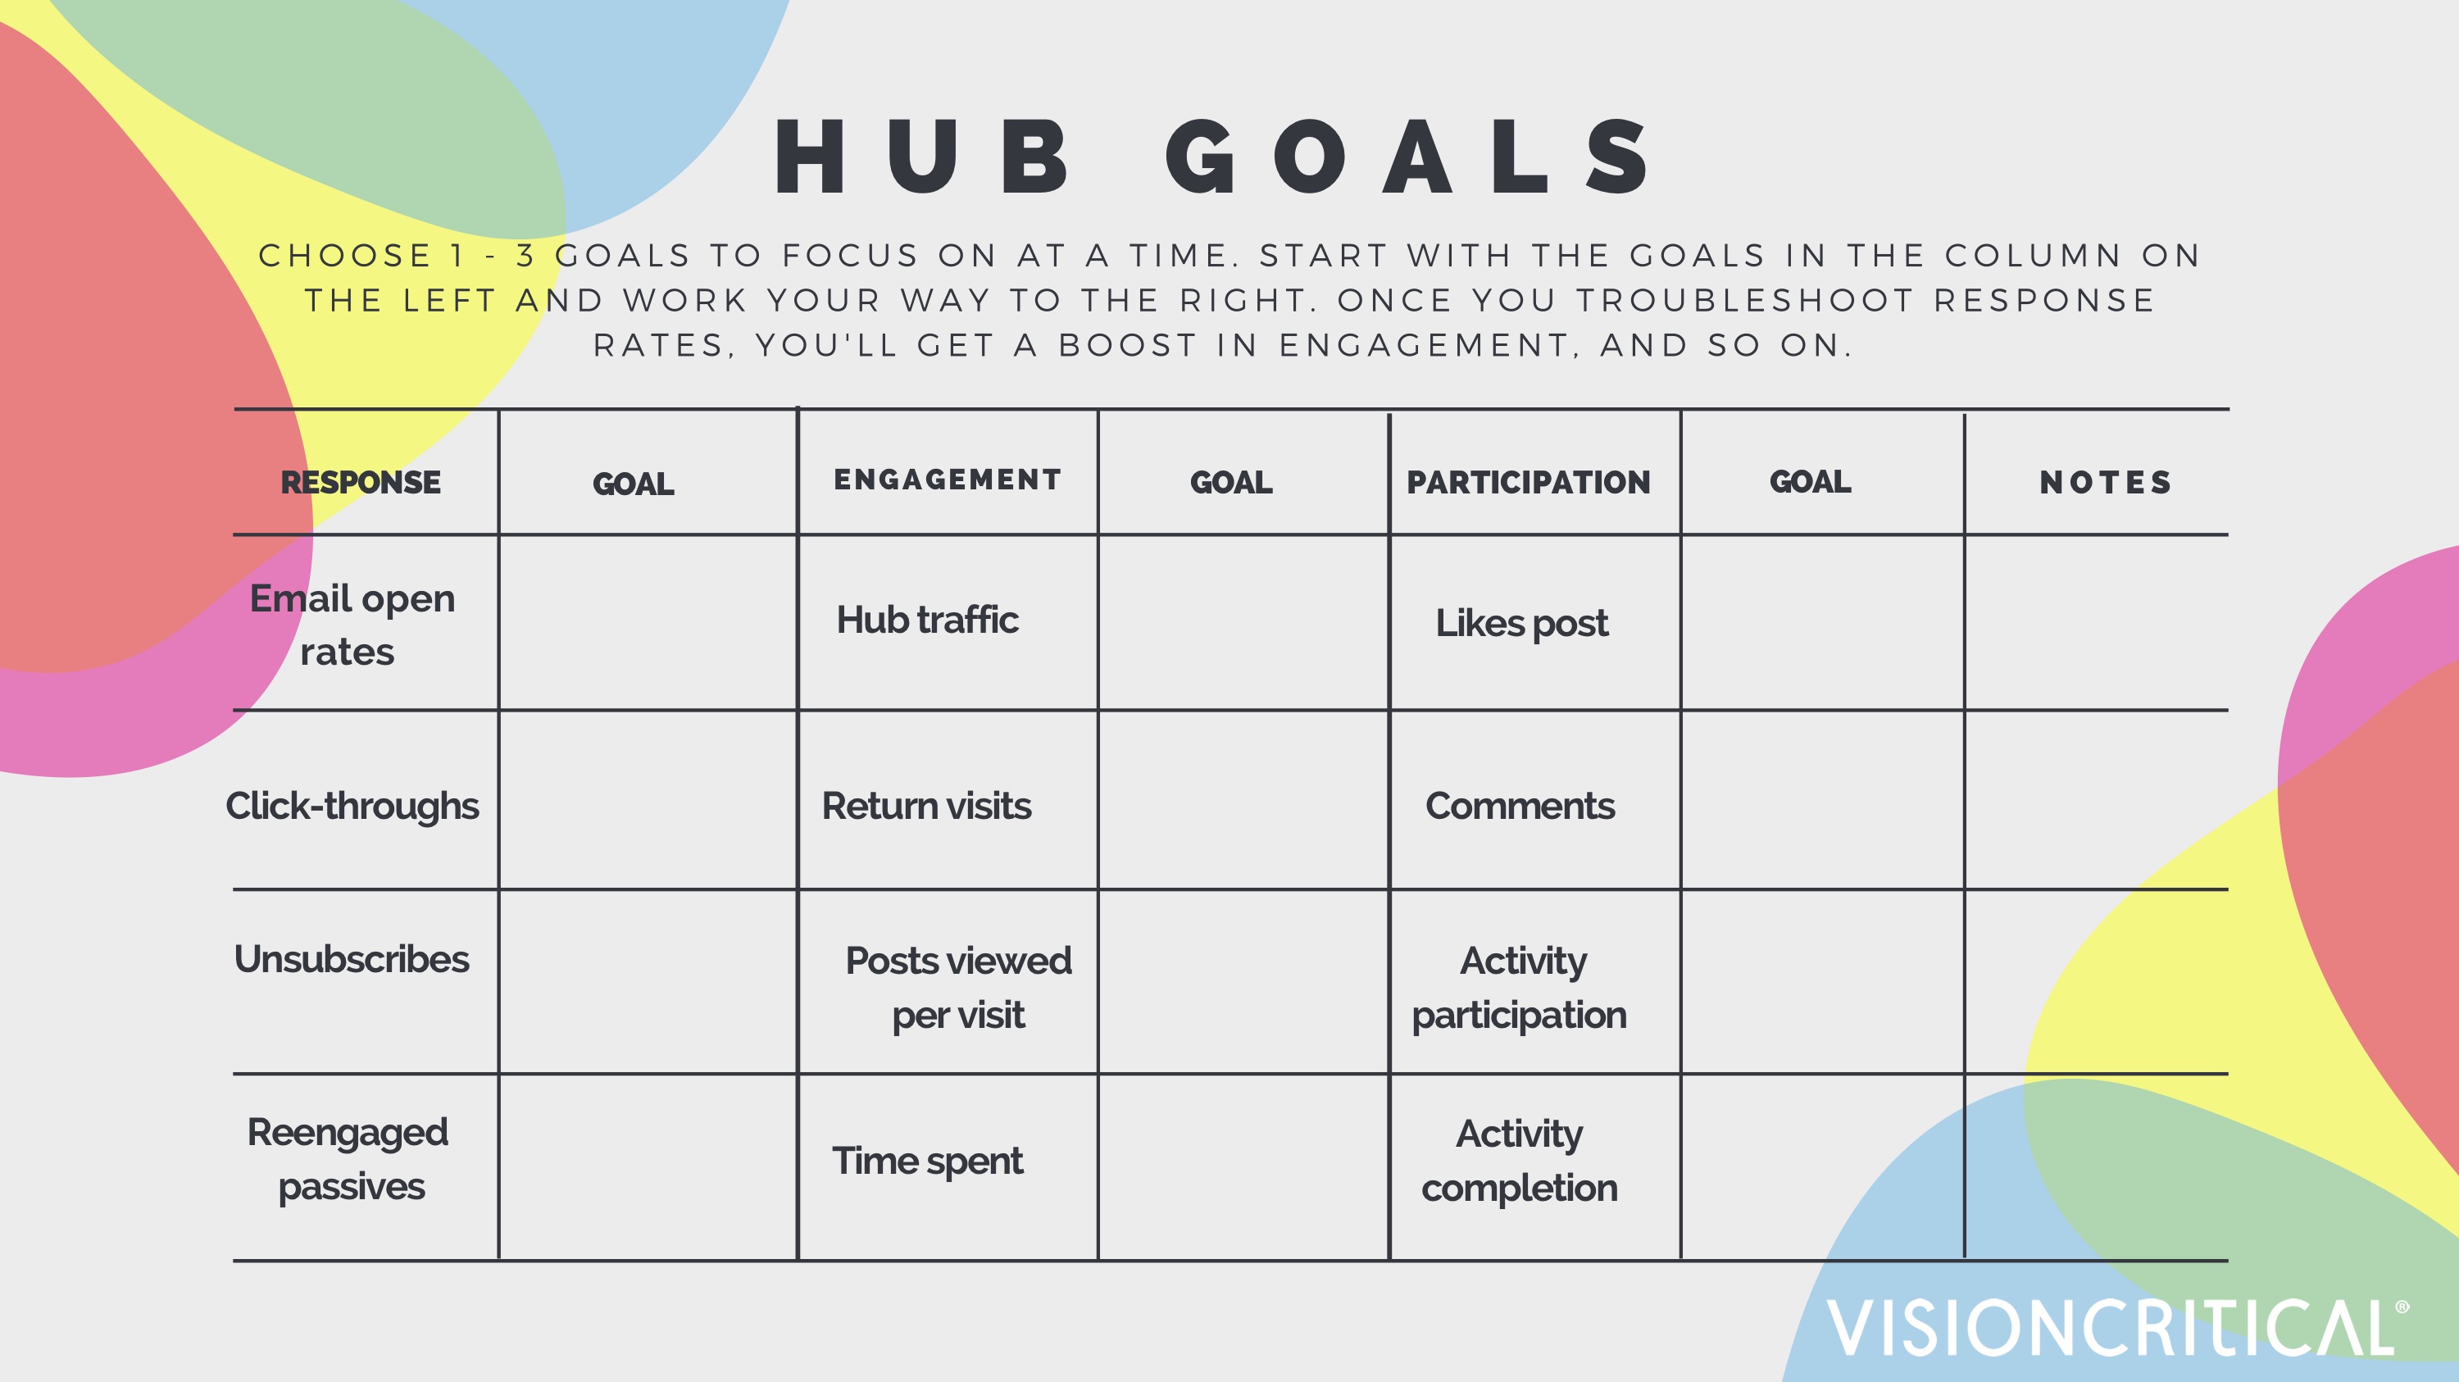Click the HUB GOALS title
[x=1212, y=157]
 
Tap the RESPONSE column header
[x=361, y=482]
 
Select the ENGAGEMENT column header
[x=947, y=480]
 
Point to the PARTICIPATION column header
[x=1529, y=482]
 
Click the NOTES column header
[x=2105, y=482]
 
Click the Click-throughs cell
[x=352, y=806]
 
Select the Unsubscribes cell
[x=352, y=959]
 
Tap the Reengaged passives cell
[x=348, y=1159]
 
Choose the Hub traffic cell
[x=927, y=621]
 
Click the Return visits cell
[x=926, y=806]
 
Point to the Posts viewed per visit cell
[x=957, y=987]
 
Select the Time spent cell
[x=927, y=1161]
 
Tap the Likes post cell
[x=1521, y=623]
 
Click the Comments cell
[x=1520, y=806]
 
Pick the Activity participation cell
[x=1520, y=987]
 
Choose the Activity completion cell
[x=1520, y=1161]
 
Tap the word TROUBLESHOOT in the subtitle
[x=1745, y=301]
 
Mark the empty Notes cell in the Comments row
[x=2095, y=800]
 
